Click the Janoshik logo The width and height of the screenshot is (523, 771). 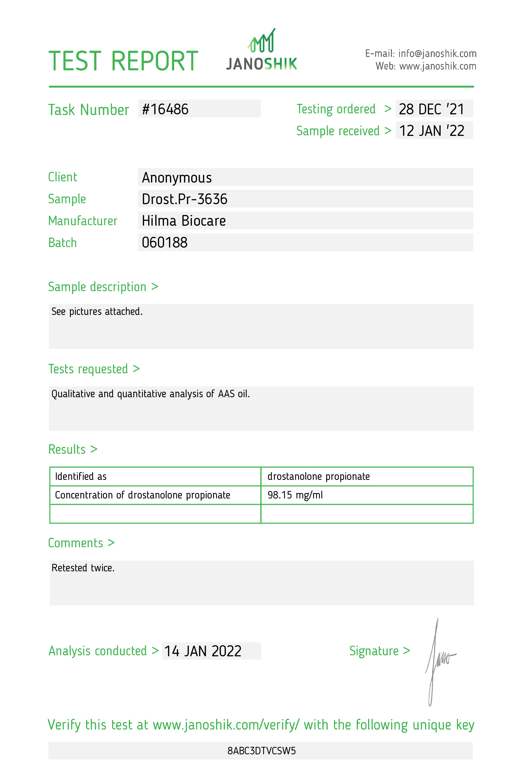coord(261,50)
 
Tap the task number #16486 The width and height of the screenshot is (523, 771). coord(165,109)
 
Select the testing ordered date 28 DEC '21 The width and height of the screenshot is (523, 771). coord(431,109)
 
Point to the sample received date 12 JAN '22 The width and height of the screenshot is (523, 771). coord(431,131)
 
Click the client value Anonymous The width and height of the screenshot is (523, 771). coord(177,177)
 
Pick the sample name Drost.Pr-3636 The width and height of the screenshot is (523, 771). coord(184,199)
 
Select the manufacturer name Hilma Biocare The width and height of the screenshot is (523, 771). coord(183,221)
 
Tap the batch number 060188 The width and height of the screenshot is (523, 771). coord(165,242)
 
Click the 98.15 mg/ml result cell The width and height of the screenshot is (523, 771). coord(295,495)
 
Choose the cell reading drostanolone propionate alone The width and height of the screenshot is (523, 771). coord(318,476)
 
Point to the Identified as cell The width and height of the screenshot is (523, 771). coord(81,476)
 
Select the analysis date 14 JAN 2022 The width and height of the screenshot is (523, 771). coord(203,651)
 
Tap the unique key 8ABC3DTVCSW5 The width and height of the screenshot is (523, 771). coord(261,750)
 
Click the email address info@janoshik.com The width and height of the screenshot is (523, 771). coord(437,53)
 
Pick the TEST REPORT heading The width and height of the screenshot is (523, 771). coord(123,61)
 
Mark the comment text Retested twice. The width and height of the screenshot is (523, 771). coord(83,568)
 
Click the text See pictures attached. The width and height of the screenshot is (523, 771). coord(97,311)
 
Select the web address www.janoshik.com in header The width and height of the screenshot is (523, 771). coord(437,66)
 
